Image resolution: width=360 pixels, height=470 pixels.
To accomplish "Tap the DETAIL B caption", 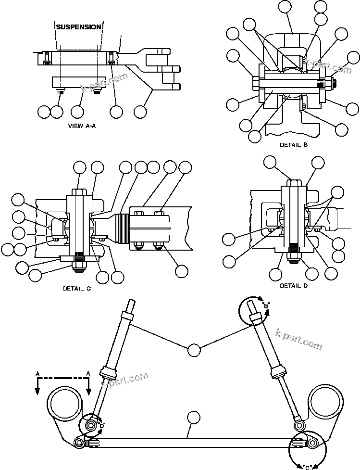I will pos(293,144).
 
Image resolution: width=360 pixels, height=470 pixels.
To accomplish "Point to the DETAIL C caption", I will pos(77,289).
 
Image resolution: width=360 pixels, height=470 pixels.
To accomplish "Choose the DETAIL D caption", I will pos(294,285).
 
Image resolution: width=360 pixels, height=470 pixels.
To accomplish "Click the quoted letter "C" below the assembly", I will pos(308,466).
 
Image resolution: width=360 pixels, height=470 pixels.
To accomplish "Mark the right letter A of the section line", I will pos(88,373).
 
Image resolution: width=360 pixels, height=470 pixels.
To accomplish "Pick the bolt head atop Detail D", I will pos(294,183).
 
